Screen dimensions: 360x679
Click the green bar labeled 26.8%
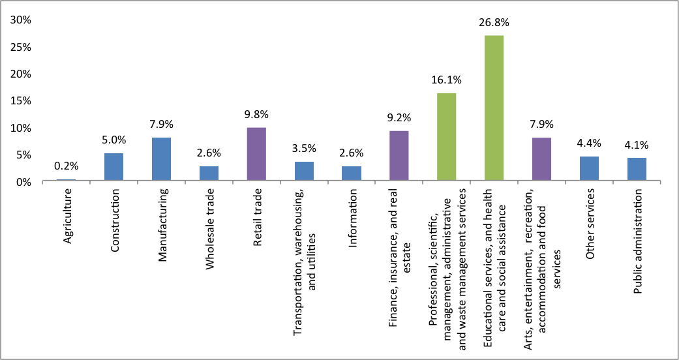coord(494,108)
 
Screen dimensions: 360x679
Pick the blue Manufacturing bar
coord(161,159)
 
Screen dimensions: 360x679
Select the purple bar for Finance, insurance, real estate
coord(399,156)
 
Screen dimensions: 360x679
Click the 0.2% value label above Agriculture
coord(66,166)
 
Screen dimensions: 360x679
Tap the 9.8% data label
coord(256,114)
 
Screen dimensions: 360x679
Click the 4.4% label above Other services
coord(589,143)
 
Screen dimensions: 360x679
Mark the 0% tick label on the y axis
coord(24,181)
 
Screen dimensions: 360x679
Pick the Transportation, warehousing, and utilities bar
coord(304,172)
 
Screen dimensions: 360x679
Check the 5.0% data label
coord(113,140)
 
